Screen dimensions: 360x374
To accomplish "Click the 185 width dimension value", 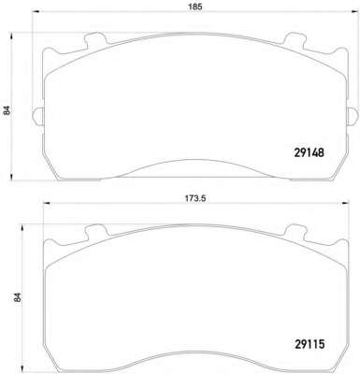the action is tap(195, 7).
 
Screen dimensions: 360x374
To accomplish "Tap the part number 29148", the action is tap(310, 152).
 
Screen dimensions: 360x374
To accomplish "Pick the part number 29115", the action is tap(310, 344).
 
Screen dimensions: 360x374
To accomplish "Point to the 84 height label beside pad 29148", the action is tap(7, 111).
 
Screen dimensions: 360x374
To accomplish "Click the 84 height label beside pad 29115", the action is tap(18, 297).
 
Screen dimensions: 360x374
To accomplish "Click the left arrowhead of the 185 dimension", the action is tap(36, 12).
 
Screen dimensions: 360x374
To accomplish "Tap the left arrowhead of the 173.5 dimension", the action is tap(47, 203).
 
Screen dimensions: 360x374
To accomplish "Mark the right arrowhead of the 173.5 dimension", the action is tap(346, 203).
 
